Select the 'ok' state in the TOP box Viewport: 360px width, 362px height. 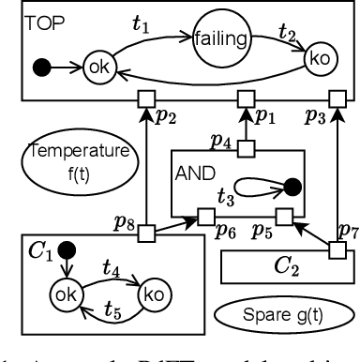pos(97,68)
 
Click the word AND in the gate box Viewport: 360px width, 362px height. pos(194,173)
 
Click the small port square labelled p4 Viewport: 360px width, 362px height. pos(246,145)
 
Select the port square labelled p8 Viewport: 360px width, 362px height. pos(146,229)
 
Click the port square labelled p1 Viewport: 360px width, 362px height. pos(246,98)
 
